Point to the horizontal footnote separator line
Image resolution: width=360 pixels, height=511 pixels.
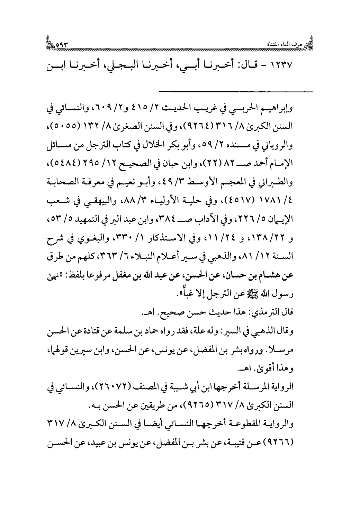point(236,91)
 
